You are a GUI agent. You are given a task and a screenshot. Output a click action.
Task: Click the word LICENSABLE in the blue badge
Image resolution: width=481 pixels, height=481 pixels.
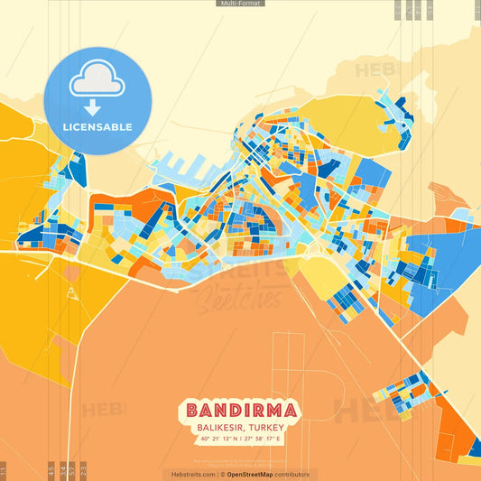(97, 127)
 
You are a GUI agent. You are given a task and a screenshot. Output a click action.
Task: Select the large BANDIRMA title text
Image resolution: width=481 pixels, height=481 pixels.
(241, 410)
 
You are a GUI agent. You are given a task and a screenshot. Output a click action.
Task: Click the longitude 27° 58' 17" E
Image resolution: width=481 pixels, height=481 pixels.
(263, 439)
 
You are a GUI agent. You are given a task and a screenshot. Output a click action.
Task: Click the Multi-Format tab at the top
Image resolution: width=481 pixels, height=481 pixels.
(240, 4)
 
